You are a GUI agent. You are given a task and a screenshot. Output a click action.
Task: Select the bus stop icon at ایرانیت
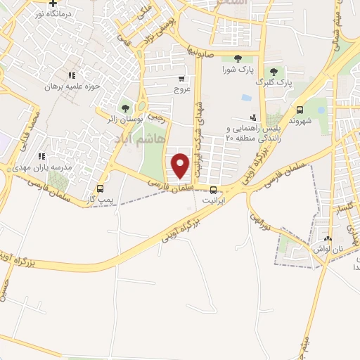pyautogui.click(x=213, y=189)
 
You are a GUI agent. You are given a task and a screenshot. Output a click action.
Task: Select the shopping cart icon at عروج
pyautogui.click(x=182, y=79)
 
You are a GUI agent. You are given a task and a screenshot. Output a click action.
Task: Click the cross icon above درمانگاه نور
pyautogui.click(x=52, y=4)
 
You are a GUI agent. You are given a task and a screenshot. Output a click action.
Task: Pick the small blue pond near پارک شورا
pyautogui.click(x=245, y=97)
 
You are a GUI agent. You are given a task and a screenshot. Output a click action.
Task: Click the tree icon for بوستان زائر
pyautogui.click(x=125, y=108)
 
